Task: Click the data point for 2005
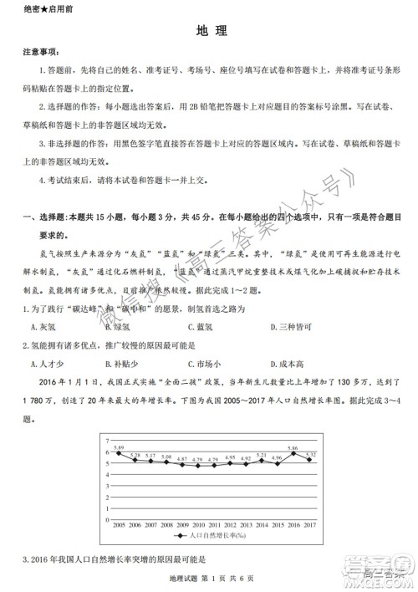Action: (x=119, y=454)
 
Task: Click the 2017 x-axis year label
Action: (x=308, y=523)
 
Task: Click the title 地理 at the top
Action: (x=209, y=30)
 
